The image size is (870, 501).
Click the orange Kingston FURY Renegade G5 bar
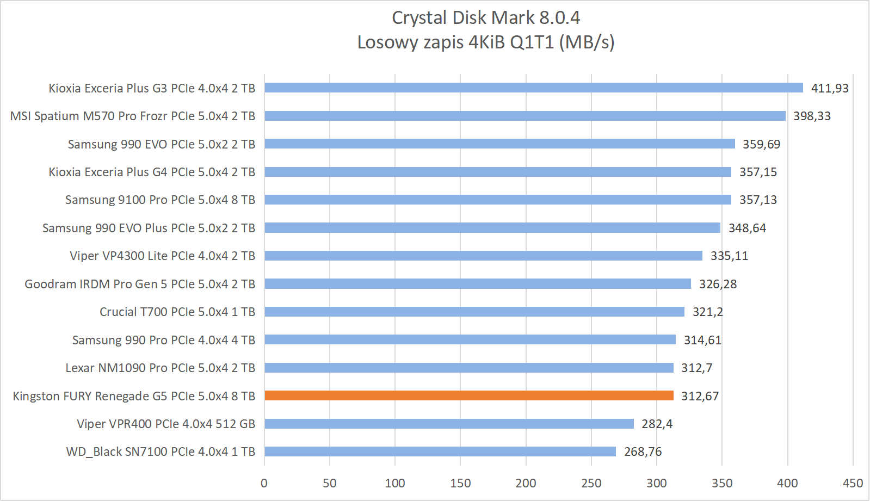469,395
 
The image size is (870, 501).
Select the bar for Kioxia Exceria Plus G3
534,88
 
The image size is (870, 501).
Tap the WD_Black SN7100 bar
440,451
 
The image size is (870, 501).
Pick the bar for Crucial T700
474,312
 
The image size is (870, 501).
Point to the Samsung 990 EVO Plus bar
492,228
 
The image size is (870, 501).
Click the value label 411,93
829,88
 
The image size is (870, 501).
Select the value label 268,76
643,451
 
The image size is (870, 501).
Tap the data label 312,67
700,396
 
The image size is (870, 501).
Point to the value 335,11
729,256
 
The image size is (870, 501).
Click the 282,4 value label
657,424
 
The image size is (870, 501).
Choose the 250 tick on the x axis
591,483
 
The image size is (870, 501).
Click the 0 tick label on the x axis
264,483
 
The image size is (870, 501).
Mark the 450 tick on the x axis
853,483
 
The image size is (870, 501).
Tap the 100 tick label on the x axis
394,483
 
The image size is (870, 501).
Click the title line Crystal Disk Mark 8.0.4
485,17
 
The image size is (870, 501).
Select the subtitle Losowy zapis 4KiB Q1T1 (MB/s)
485,42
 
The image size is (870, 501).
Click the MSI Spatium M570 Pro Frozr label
133,116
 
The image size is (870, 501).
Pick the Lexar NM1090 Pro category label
161,368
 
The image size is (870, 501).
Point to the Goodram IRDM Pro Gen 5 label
140,284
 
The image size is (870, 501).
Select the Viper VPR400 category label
166,424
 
